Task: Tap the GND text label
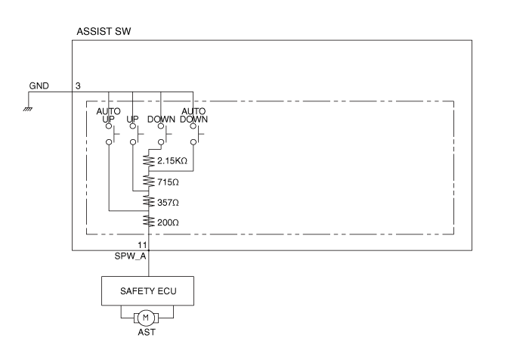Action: [39, 85]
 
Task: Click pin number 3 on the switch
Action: [78, 85]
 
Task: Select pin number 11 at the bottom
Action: [142, 245]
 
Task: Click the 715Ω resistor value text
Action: [169, 182]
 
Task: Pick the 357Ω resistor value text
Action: [169, 203]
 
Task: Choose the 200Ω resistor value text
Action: [169, 222]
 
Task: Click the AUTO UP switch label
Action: [110, 115]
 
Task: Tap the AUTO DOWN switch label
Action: [193, 115]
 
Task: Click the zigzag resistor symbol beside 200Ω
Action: [148, 222]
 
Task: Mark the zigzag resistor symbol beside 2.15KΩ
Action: [148, 161]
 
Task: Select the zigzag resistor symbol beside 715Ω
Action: [148, 182]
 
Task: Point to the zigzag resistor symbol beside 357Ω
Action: [148, 202]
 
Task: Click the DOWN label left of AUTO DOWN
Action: [161, 119]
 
